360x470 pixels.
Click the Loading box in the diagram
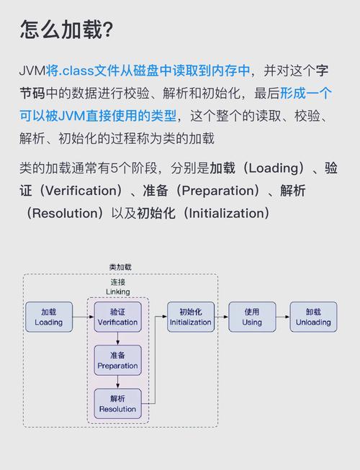coord(48,317)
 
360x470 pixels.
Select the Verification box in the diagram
coord(117,317)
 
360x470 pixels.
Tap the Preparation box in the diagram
coord(117,361)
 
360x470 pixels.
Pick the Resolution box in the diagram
coord(117,404)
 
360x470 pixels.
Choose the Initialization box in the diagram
coord(190,317)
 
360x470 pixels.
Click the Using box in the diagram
coord(252,317)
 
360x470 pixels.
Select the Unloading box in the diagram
coord(312,317)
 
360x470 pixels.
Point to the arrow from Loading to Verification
coord(83,317)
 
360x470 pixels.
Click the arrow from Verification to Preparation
coord(117,339)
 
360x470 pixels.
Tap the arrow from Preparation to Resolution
coord(117,382)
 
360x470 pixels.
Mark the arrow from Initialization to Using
coord(222,317)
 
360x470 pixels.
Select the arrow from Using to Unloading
coord(282,317)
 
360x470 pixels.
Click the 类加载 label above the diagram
coord(120,267)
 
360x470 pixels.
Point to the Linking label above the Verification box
coord(117,292)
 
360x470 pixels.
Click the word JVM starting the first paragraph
coord(32,71)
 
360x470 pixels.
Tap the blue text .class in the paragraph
coord(76,71)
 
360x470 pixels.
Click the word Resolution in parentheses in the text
coord(60,213)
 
